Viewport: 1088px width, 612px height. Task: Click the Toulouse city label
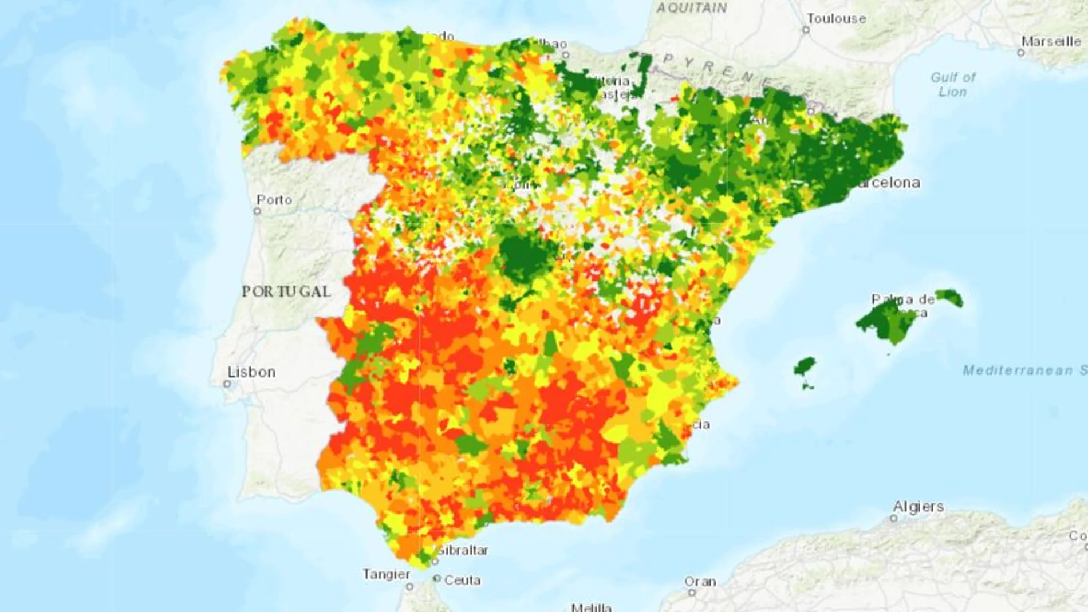(836, 19)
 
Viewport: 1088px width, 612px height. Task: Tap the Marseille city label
(1051, 42)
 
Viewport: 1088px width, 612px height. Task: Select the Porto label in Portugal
(274, 200)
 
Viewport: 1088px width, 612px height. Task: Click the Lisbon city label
(251, 372)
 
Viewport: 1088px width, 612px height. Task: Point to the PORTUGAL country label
(286, 291)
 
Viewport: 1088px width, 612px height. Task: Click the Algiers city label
(919, 507)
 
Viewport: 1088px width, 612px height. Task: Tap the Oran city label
(700, 582)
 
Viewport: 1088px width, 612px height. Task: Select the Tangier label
(386, 574)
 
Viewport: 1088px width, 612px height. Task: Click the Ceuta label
(462, 581)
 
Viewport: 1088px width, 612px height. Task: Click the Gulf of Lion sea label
(953, 84)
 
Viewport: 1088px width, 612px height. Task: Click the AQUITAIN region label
(691, 8)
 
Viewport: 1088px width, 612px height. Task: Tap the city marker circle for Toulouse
(806, 30)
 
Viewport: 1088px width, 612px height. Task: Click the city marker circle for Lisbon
(227, 384)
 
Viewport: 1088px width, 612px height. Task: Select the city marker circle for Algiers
(893, 518)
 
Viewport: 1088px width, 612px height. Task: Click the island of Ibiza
(805, 368)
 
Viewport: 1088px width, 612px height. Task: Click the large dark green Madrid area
(526, 256)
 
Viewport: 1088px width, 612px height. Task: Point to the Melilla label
(591, 607)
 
